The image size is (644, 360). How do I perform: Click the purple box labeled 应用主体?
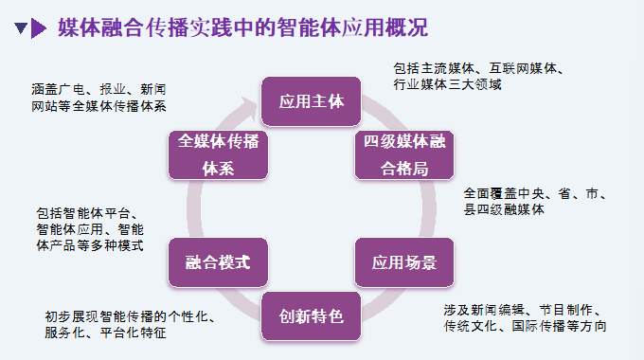click(x=312, y=100)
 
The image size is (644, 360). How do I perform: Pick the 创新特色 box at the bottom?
click(x=312, y=315)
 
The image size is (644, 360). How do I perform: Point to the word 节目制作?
click(x=569, y=310)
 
